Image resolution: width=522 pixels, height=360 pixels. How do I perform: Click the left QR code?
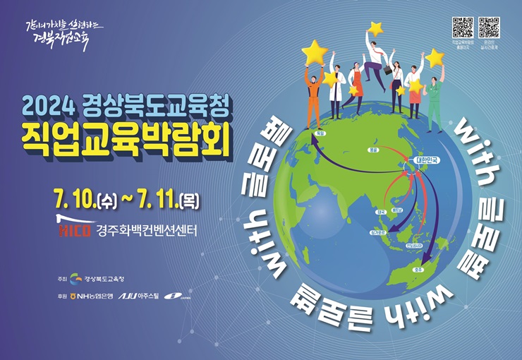point(463,28)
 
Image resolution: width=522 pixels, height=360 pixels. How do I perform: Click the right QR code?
point(489,28)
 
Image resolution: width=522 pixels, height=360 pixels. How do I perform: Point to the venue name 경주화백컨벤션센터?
point(146,230)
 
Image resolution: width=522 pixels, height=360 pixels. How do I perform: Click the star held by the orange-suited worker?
point(315,52)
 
